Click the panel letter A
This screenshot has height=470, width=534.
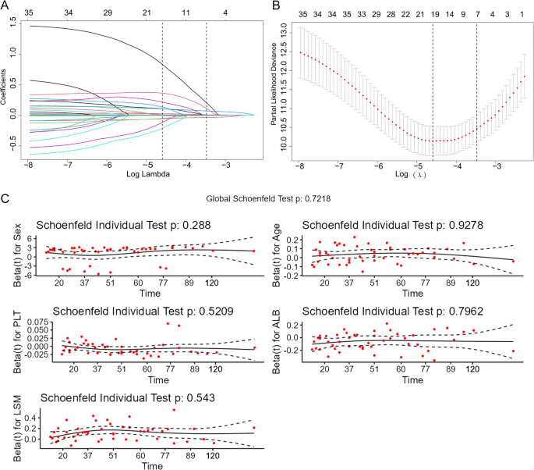point(5,5)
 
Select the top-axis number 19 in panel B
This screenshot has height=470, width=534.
point(433,14)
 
